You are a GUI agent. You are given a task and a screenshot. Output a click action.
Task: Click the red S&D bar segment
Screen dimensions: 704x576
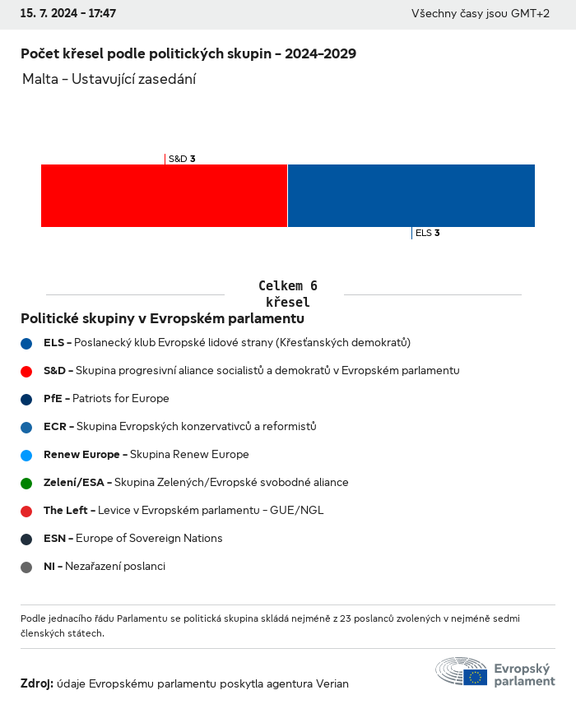[x=164, y=196]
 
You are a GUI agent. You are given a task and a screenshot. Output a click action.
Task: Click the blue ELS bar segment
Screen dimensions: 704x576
[x=411, y=196]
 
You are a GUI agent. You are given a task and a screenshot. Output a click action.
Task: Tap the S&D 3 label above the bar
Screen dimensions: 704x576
[x=181, y=159]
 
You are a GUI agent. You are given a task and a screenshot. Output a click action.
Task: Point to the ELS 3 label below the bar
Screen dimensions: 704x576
[x=427, y=233]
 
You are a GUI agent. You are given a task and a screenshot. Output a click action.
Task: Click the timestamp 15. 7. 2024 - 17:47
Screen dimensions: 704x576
[x=68, y=14]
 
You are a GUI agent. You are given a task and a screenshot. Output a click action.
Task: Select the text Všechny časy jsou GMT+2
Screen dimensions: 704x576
[x=480, y=14]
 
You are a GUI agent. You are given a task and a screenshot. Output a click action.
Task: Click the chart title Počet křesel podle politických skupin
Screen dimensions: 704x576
[x=188, y=53]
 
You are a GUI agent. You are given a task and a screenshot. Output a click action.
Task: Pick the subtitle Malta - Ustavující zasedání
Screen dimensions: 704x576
[x=109, y=79]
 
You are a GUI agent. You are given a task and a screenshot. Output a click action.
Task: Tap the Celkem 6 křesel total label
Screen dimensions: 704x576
[x=287, y=294]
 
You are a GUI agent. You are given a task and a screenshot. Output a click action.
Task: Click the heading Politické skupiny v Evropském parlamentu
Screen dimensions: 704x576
[x=162, y=318]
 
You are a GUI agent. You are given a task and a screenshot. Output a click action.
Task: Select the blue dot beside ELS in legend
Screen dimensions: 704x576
[x=26, y=343]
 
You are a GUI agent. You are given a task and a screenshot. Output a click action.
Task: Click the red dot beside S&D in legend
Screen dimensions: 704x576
[x=26, y=371]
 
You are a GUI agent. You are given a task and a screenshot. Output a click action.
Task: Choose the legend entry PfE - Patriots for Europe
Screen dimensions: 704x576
[x=106, y=399]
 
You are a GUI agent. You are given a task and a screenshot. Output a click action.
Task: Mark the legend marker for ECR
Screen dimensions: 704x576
[x=26, y=427]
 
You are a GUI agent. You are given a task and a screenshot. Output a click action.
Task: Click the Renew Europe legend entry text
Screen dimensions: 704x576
[x=146, y=455]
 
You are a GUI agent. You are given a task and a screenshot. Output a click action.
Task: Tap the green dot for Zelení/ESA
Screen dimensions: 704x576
[x=26, y=483]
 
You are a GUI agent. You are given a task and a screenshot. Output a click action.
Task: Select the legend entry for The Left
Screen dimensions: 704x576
[x=183, y=511]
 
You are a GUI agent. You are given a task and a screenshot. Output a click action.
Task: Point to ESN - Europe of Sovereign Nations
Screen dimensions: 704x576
[x=132, y=539]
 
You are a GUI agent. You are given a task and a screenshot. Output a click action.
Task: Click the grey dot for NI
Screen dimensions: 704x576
[x=26, y=567]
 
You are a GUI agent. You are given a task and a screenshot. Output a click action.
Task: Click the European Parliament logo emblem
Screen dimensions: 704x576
[x=462, y=671]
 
